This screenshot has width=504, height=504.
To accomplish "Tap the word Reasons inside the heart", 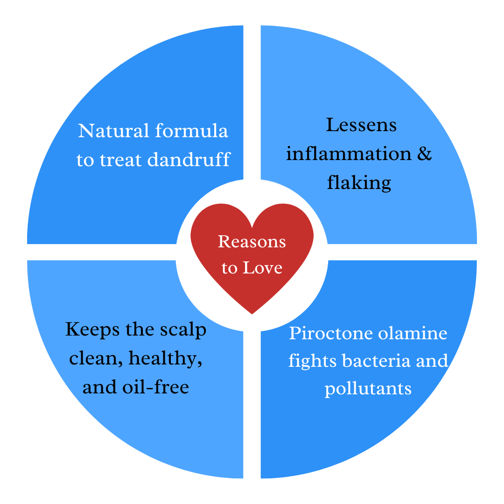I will point(252,242).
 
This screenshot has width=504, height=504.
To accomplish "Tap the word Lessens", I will point(361,125).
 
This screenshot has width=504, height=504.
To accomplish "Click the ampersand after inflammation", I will point(424,154).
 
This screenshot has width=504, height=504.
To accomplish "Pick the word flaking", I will point(359,182).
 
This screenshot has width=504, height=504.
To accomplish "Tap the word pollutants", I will point(368,388).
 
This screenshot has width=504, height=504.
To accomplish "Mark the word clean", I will point(95,358).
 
